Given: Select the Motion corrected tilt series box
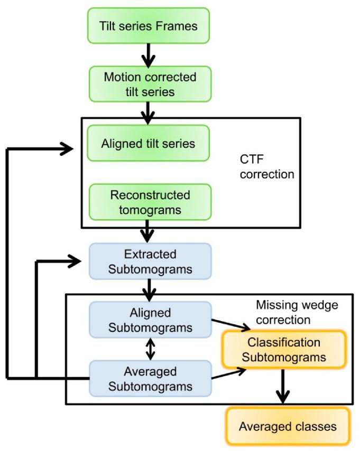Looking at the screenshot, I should tap(150, 84).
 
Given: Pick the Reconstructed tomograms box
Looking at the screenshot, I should tap(150, 202).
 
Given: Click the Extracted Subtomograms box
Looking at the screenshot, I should tap(150, 261).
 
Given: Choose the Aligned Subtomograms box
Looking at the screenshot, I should tap(150, 320).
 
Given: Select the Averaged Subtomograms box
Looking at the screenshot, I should tap(150, 378).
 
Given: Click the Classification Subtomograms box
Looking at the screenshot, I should tap(284, 350).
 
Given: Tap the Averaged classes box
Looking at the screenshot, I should tap(288, 426).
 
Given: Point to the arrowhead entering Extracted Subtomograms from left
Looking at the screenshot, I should tap(78, 260).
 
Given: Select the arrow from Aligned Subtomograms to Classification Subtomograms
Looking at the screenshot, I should tap(229, 324).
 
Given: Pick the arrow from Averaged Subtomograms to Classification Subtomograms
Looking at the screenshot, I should tap(229, 373).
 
